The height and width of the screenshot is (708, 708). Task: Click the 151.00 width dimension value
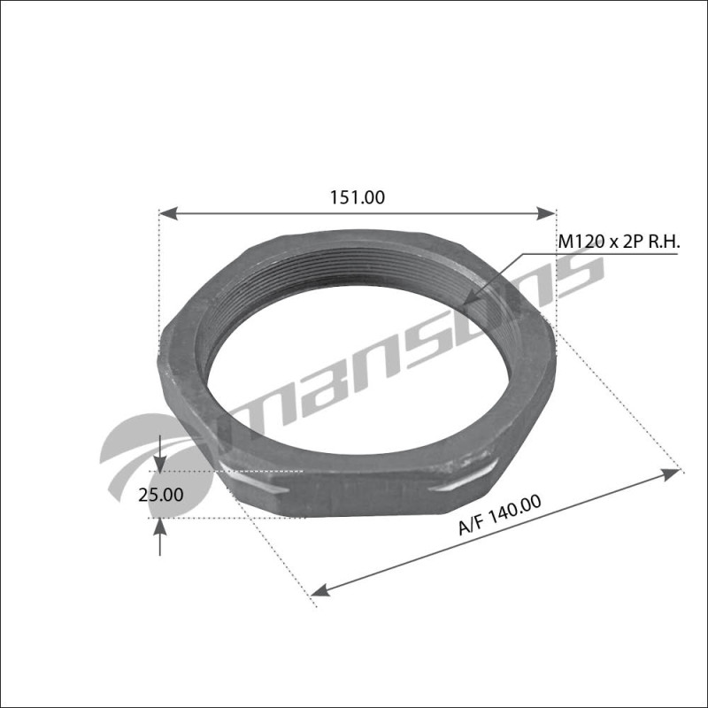[358, 198]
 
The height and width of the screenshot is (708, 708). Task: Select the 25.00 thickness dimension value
[160, 495]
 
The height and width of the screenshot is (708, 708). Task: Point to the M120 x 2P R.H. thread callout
[615, 240]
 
